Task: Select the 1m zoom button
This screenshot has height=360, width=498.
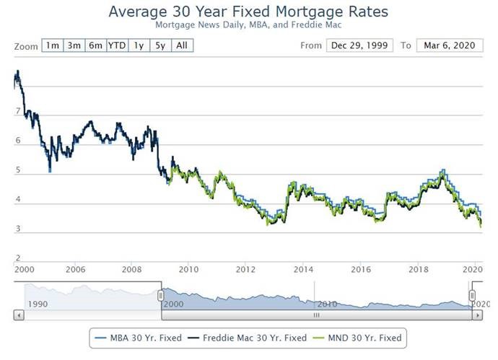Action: pyautogui.click(x=53, y=45)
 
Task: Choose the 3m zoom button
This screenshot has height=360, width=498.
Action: pyautogui.click(x=74, y=45)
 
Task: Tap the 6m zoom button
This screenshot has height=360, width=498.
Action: pyautogui.click(x=95, y=45)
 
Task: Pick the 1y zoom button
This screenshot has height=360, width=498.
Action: pyautogui.click(x=139, y=45)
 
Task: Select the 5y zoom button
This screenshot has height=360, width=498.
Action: pyautogui.click(x=160, y=45)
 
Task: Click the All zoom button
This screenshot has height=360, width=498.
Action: pyautogui.click(x=183, y=45)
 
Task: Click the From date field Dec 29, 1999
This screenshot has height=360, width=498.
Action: pyautogui.click(x=359, y=45)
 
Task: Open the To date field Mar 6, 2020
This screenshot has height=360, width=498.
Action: pyautogui.click(x=449, y=45)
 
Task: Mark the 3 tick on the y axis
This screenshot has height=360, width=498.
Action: pyautogui.click(x=17, y=229)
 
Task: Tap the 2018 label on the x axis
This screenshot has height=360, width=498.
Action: pyautogui.click(x=419, y=269)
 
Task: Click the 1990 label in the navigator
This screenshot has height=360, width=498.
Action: pyautogui.click(x=38, y=304)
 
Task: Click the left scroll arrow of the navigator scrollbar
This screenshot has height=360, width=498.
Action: pyautogui.click(x=18, y=315)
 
